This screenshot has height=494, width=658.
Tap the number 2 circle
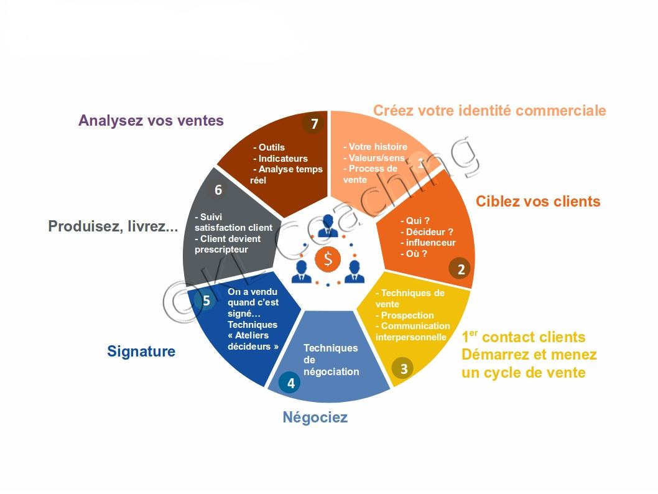coord(461,269)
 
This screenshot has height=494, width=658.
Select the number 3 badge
coord(403,368)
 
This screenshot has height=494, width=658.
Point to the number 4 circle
coord(290,383)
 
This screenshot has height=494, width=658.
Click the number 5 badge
coord(206,300)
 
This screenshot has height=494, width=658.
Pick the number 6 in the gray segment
coord(218,190)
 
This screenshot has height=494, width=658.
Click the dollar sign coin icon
coord(328,259)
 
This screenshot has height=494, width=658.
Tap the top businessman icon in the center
coord(328,226)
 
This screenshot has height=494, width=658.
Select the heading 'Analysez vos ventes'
coord(151,121)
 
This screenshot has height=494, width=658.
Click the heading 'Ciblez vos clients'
coord(538,201)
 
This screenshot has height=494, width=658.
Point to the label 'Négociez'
coord(315,417)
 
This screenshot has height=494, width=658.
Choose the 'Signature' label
coord(141,351)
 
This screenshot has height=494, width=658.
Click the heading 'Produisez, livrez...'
coord(113,226)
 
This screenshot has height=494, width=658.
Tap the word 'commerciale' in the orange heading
coord(560,110)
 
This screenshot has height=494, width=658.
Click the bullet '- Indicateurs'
coord(280,158)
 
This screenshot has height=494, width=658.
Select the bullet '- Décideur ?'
coord(427,231)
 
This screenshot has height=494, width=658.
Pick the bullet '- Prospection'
coord(404,315)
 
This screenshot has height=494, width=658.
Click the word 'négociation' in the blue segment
coord(331,371)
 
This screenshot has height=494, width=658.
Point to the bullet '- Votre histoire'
coord(375,146)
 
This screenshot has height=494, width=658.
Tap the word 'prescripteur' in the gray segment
coord(221,249)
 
